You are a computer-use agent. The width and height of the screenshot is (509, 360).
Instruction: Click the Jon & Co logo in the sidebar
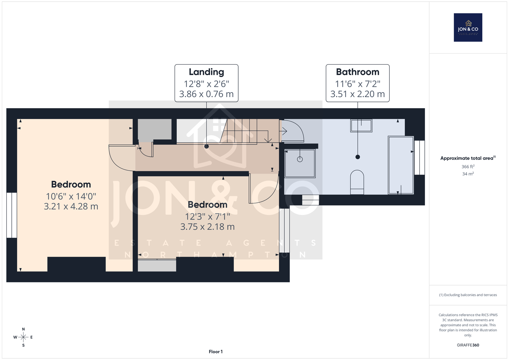point(468,27)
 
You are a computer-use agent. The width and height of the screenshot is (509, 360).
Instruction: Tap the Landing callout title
point(206,72)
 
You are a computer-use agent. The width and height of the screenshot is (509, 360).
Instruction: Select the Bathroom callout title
point(358,72)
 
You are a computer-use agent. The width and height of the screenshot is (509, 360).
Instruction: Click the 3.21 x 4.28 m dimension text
point(71,206)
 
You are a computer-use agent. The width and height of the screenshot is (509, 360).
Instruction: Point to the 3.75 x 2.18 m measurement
point(207,227)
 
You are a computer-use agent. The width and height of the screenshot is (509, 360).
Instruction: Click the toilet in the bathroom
point(357,182)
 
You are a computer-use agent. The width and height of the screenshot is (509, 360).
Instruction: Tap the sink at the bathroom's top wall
point(361,125)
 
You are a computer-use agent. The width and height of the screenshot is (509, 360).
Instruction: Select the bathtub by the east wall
point(401,165)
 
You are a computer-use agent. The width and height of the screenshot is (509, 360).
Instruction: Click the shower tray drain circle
point(300,159)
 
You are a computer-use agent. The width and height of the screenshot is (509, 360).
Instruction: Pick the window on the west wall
point(11,215)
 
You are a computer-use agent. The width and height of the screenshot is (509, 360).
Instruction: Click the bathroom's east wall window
point(420,158)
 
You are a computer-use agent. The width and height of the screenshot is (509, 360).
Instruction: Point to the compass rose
point(23,337)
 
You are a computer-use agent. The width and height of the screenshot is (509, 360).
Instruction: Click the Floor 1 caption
point(216,352)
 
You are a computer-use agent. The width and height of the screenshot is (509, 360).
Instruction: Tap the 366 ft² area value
point(468,167)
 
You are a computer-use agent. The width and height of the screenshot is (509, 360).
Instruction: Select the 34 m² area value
point(468,174)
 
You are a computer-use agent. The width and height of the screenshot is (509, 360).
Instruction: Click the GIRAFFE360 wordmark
point(468,345)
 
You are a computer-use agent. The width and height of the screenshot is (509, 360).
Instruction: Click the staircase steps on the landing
point(250,131)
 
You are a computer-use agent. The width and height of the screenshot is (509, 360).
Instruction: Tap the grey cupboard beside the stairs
point(155,130)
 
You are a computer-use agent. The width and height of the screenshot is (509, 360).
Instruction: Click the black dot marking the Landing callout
point(206,146)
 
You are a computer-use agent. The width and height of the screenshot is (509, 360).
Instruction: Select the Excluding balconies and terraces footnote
point(468,295)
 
